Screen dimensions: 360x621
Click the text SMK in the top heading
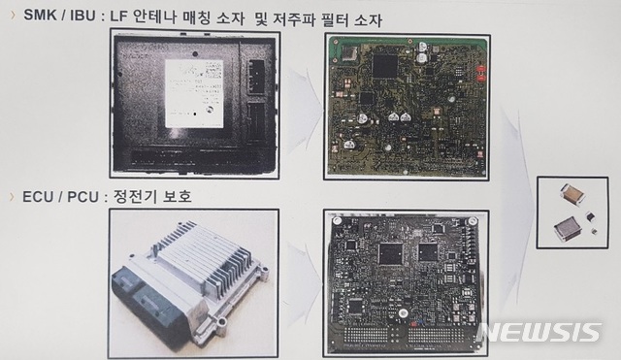(39, 17)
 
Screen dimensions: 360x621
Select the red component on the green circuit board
(477, 70)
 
